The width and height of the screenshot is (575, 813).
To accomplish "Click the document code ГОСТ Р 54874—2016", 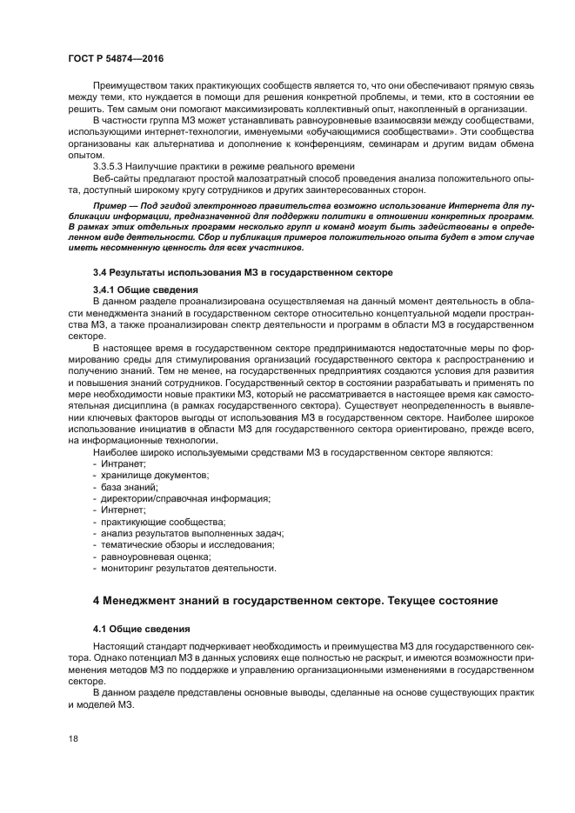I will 115,57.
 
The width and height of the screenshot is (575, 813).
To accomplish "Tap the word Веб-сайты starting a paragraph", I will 115,177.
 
